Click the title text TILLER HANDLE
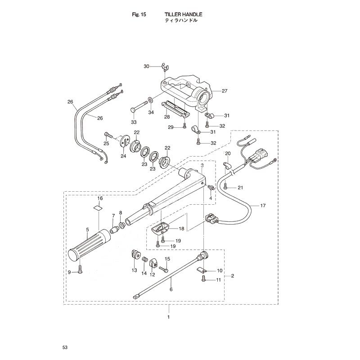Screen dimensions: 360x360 [x=183, y=14]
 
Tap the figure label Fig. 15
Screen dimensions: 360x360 [x=139, y=14]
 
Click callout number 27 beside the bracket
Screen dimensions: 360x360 [x=224, y=91]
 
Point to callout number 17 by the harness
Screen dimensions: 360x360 [x=263, y=206]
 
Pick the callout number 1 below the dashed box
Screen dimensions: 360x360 [x=168, y=317]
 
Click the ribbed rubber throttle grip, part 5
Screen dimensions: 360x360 [x=90, y=245]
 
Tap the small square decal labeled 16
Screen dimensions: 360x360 [x=98, y=208]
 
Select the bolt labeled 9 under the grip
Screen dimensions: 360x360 [x=80, y=270]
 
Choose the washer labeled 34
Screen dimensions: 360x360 [x=151, y=100]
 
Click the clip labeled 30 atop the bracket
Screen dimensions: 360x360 [x=165, y=67]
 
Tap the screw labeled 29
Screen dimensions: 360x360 [x=184, y=126]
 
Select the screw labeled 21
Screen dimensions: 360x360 [x=225, y=186]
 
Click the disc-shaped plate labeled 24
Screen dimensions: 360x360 [x=125, y=141]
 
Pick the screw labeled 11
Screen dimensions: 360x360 [x=204, y=278]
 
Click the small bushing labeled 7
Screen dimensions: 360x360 [x=114, y=229]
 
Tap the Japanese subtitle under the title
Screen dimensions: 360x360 [x=181, y=20]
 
